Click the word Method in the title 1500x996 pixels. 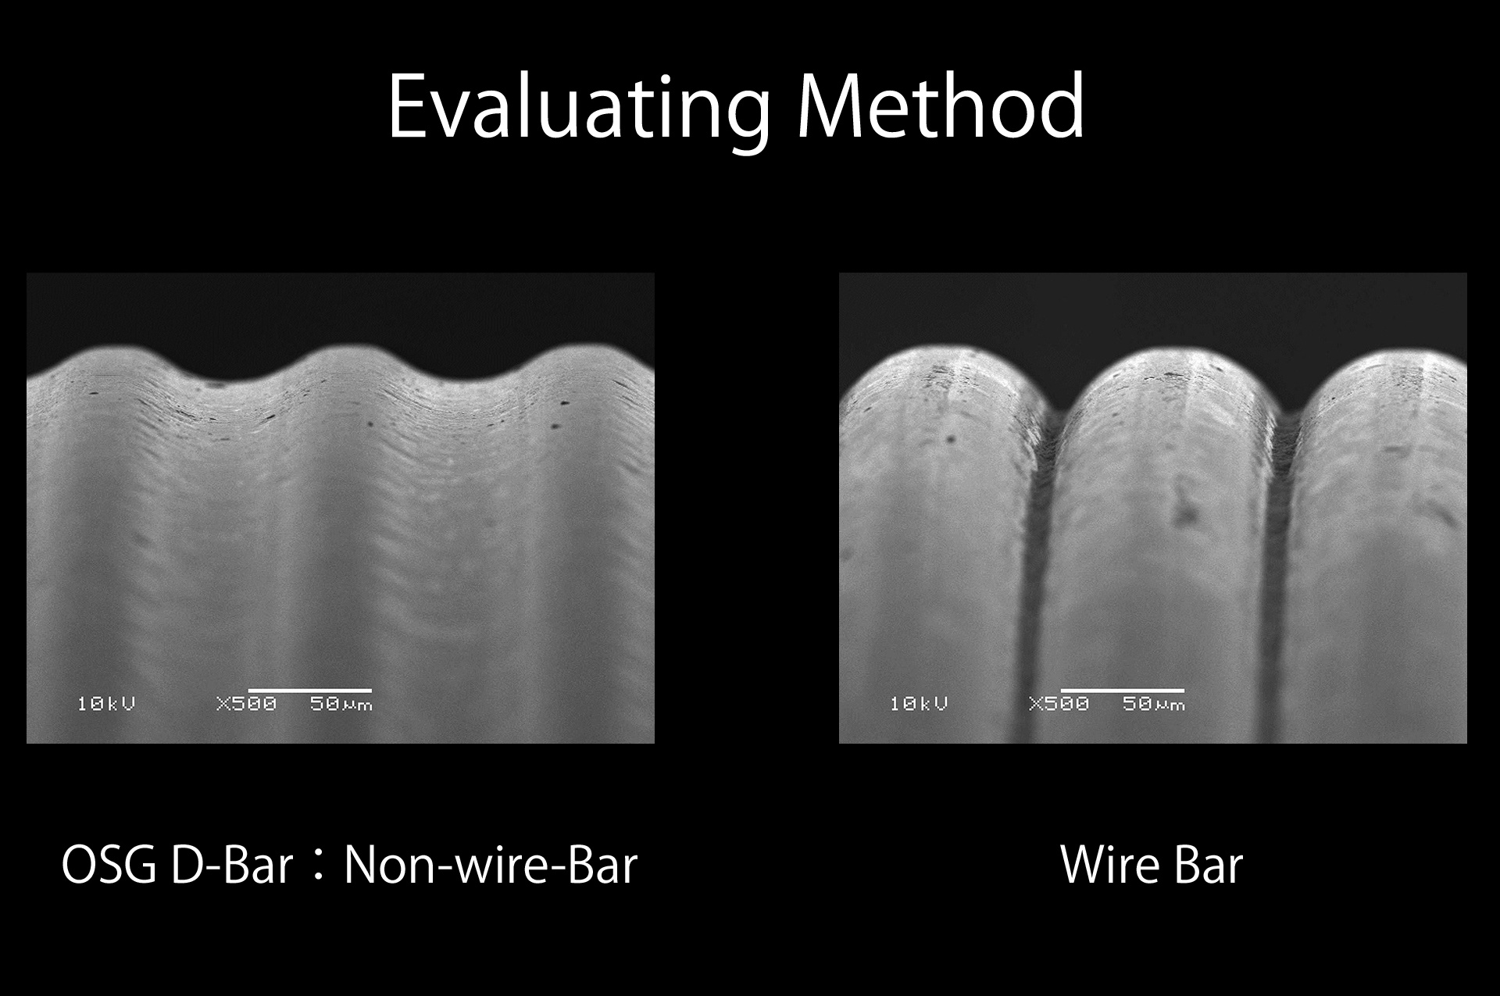pyautogui.click(x=941, y=105)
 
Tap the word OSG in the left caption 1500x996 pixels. pyautogui.click(x=109, y=866)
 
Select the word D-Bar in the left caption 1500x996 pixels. pyautogui.click(x=232, y=866)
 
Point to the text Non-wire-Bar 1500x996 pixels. pyautogui.click(x=491, y=866)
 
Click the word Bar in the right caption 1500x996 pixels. pyautogui.click(x=1208, y=866)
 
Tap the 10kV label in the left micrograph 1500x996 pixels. pyautogui.click(x=106, y=704)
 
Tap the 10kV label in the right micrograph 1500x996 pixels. pyautogui.click(x=919, y=704)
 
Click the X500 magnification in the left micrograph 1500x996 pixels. pyautogui.click(x=246, y=704)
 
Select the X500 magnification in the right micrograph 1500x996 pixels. pyautogui.click(x=1059, y=704)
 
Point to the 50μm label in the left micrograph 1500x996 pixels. pyautogui.click(x=341, y=704)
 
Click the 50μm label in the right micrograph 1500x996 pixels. pyautogui.click(x=1154, y=704)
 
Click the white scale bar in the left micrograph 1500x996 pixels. pyautogui.click(x=309, y=691)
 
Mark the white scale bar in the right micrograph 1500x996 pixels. pyautogui.click(x=1122, y=691)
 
